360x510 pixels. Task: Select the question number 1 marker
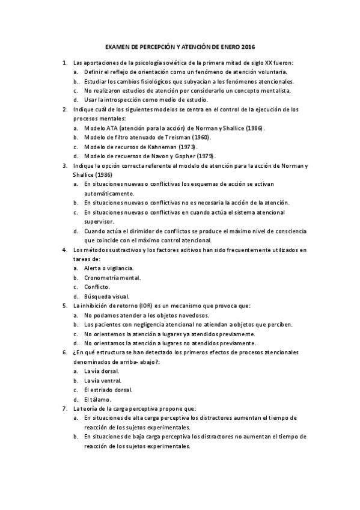64,63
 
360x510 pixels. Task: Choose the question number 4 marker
64,249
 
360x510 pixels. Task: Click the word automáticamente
109,194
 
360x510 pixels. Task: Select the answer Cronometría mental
112,277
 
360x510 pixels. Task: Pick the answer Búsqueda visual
106,296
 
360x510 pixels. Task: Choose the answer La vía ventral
102,380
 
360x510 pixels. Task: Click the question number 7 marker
64,408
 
